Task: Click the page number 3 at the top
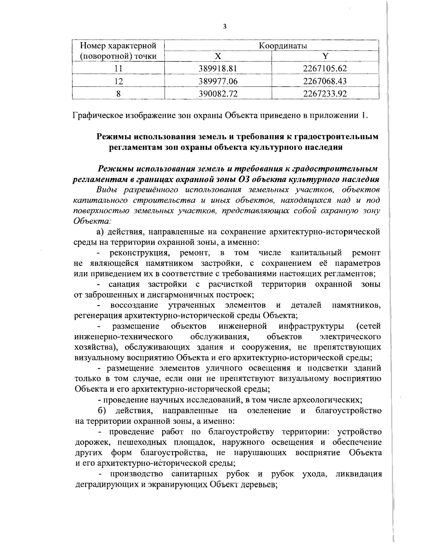(x=224, y=26)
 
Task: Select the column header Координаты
(x=272, y=46)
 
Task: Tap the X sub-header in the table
(x=218, y=56)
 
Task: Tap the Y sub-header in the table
(x=325, y=56)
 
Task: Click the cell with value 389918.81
(x=218, y=68)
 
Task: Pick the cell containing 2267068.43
(x=325, y=81)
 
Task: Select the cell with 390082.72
(x=218, y=93)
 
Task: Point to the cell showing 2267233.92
(x=325, y=93)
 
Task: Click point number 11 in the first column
(x=119, y=68)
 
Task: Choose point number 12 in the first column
(x=119, y=81)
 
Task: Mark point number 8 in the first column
(x=119, y=93)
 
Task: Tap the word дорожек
(x=90, y=442)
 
